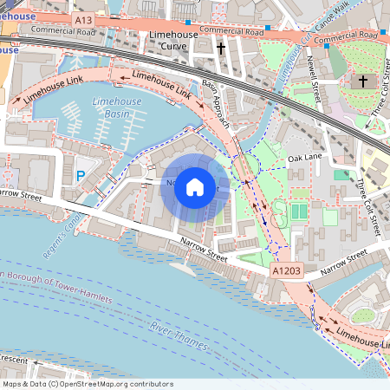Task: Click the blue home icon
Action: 195,186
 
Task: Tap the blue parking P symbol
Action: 81,176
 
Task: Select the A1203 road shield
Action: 288,271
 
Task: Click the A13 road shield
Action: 83,18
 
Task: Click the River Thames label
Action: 179,336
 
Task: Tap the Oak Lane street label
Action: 304,159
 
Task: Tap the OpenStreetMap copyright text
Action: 88,384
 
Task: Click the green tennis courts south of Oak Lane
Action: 298,211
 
